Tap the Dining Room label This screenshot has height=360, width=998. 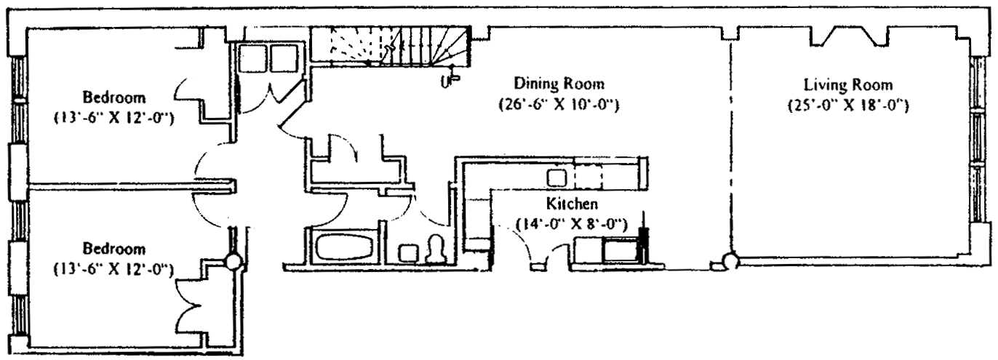coord(559,83)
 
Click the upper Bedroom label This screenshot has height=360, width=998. coord(113,97)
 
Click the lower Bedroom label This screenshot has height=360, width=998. coord(113,249)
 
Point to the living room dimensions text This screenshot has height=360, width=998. coord(848,105)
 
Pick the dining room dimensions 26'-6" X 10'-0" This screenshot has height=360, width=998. coord(559,105)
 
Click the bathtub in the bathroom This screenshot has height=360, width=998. coord(344,246)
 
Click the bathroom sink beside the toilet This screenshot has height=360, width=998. coord(408,253)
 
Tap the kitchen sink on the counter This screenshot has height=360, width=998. coord(557,177)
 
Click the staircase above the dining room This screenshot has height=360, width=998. coord(393,47)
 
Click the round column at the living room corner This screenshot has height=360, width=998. coord(730,260)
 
